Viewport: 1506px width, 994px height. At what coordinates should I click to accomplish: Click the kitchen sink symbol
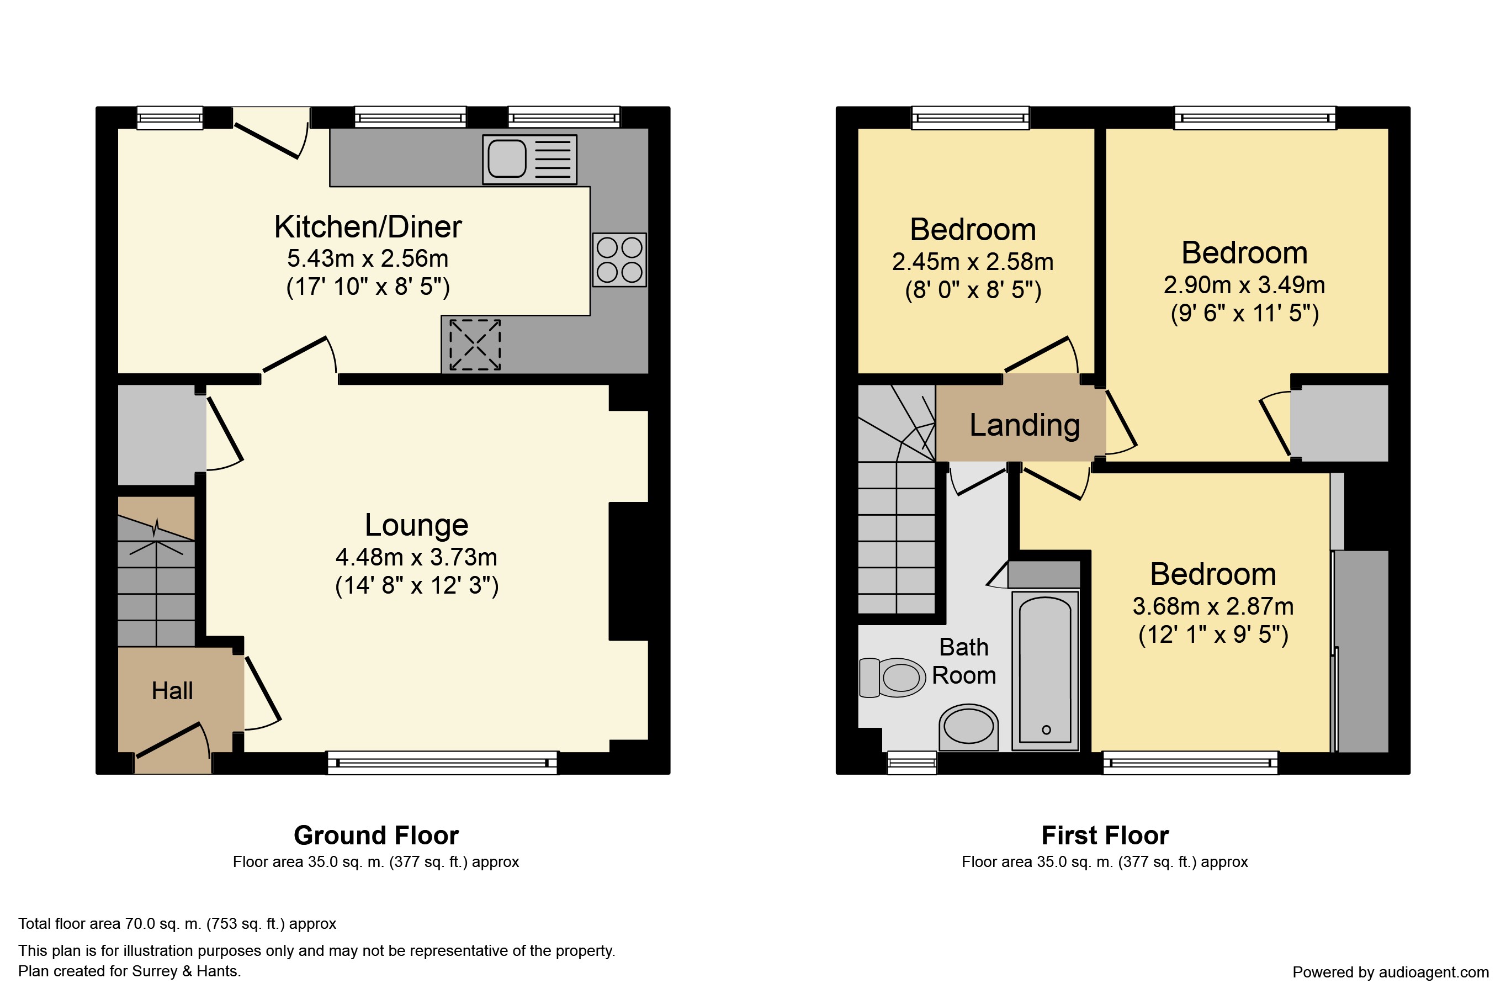pyautogui.click(x=529, y=159)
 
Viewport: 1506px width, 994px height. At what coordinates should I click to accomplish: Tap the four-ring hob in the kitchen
pyautogui.click(x=619, y=260)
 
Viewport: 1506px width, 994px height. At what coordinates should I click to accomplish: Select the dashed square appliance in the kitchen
pyautogui.click(x=475, y=344)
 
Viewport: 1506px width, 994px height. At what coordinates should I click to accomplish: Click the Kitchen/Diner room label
pyautogui.click(x=368, y=227)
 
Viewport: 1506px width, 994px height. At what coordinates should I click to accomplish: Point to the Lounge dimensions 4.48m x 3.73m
pyautogui.click(x=416, y=557)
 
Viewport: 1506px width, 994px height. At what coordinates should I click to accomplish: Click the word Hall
pyautogui.click(x=172, y=690)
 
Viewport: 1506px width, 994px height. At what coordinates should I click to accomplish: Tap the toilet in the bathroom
pyautogui.click(x=893, y=678)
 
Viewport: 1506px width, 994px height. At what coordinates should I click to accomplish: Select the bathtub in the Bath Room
pyautogui.click(x=1044, y=671)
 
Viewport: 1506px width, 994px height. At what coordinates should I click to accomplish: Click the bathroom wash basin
pyautogui.click(x=969, y=727)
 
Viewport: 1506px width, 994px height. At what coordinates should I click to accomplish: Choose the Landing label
pyautogui.click(x=1025, y=425)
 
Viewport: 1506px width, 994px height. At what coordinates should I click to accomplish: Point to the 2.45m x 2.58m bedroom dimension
pyautogui.click(x=973, y=262)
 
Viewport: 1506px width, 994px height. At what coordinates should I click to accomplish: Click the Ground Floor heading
pyautogui.click(x=376, y=836)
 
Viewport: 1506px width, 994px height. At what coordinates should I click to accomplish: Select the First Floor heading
pyautogui.click(x=1105, y=836)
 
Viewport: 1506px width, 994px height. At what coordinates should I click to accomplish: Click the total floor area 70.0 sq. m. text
pyautogui.click(x=177, y=924)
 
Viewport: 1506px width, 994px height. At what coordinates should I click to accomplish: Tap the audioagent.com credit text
pyautogui.click(x=1391, y=972)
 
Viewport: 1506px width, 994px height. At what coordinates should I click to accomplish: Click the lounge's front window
pyautogui.click(x=442, y=763)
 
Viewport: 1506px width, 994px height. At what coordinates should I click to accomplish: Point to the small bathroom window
pyautogui.click(x=911, y=763)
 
